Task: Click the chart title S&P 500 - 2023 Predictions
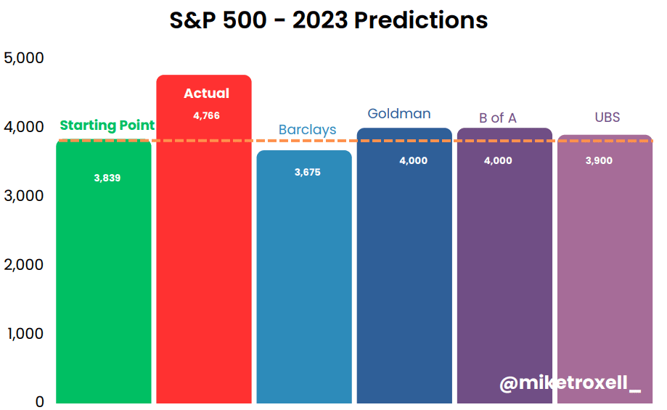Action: [328, 20]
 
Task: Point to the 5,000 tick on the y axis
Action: [24, 58]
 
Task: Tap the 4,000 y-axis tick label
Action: [24, 127]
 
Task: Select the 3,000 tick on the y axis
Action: [24, 196]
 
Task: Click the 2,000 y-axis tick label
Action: [24, 265]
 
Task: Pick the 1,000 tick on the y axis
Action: [25, 334]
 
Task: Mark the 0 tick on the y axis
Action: [40, 401]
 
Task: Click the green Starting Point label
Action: [107, 126]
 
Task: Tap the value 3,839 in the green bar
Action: [107, 178]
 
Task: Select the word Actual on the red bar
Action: [206, 93]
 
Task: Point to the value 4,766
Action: [206, 115]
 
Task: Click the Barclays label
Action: [307, 130]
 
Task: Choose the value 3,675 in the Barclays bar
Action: [307, 172]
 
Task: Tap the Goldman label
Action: [399, 113]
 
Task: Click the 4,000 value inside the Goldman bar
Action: [413, 161]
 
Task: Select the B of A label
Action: [498, 118]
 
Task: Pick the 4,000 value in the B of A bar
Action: [498, 161]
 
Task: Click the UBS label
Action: [607, 117]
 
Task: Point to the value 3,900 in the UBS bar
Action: [599, 161]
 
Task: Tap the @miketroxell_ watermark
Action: [570, 382]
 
